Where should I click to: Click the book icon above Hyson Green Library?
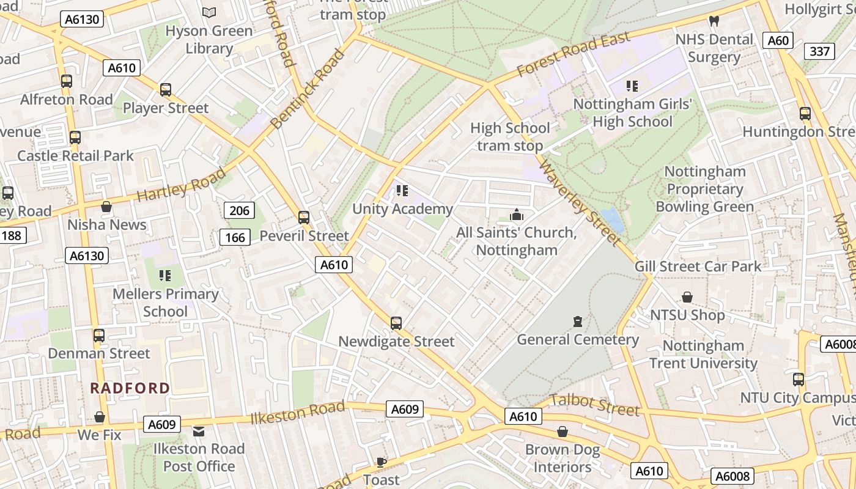pos(209,12)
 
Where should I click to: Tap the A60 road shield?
pos(778,40)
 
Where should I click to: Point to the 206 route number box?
pos(239,211)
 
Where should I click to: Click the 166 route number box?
pos(235,238)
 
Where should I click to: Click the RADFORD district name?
pos(130,388)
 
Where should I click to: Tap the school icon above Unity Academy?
pos(402,191)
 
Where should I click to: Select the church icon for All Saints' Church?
pos(517,215)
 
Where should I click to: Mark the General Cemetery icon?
pos(577,322)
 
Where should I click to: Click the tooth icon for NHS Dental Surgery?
pos(713,21)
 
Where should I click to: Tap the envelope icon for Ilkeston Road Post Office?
pos(199,432)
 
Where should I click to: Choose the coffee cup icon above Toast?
pos(382,462)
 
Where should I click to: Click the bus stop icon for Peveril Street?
pos(304,218)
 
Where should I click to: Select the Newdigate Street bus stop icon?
pos(396,323)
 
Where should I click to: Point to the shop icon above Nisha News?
pos(106,207)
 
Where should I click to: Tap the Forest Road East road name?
pos(573,55)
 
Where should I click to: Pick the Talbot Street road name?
pos(595,404)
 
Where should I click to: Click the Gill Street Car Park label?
pos(698,266)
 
